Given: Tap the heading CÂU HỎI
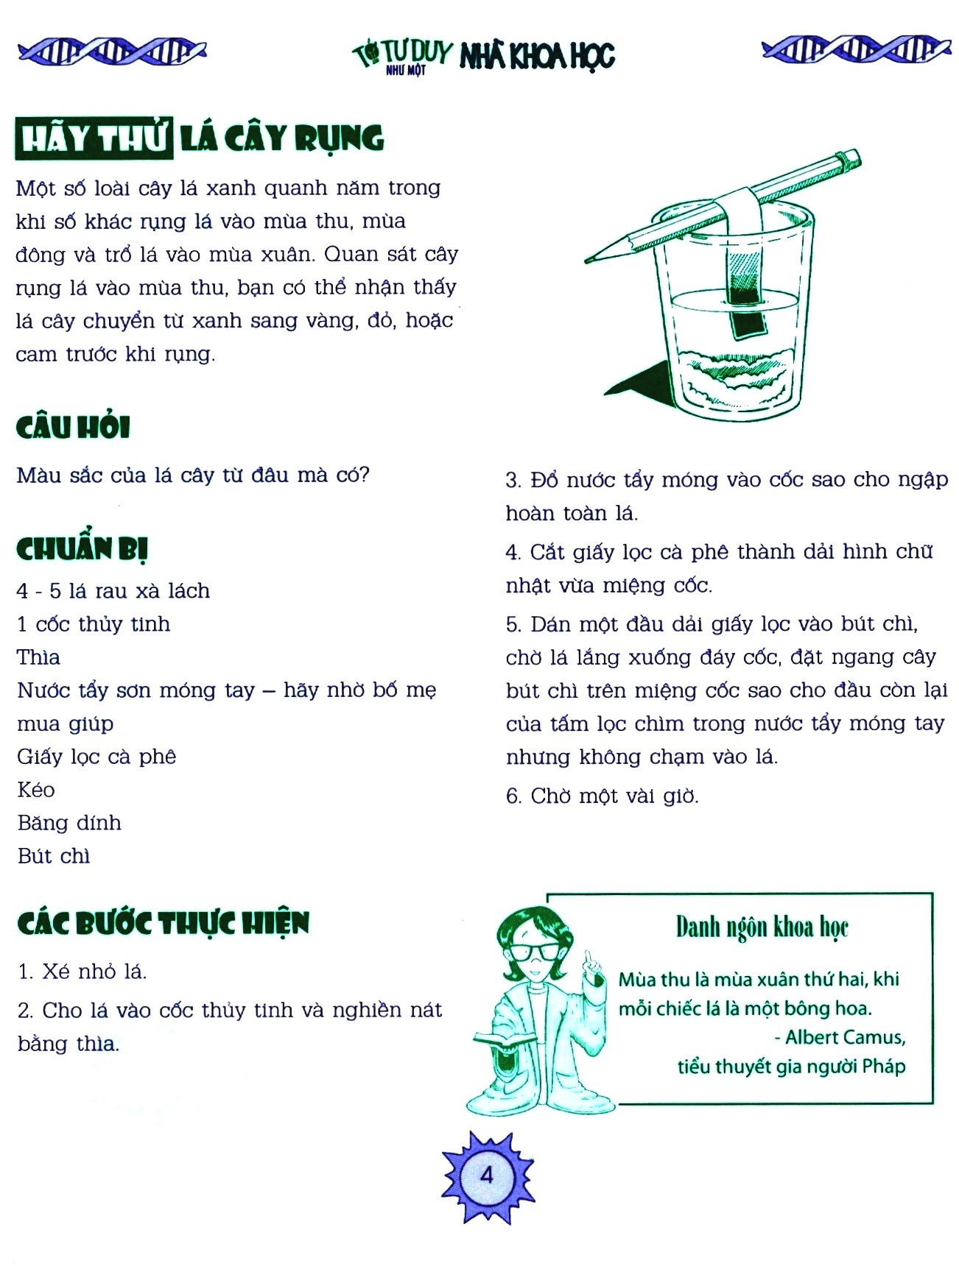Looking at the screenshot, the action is coord(73,427).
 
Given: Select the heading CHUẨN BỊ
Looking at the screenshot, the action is coord(82,549).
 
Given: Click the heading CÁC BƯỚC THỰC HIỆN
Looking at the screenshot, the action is coord(164,923).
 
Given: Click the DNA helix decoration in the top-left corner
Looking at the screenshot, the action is coord(112,51).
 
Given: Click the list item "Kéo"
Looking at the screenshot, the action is coord(36,790).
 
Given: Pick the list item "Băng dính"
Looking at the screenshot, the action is coord(69,823).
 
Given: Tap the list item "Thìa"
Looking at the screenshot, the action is coord(38,657).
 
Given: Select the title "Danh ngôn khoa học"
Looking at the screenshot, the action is coord(762,928).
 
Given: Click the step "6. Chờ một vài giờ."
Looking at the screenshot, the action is coord(603,796).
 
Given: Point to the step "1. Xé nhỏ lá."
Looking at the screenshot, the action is coord(82,972).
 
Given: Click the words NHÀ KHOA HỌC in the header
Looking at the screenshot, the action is coord(537,56).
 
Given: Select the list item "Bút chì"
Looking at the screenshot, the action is coord(54,856).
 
